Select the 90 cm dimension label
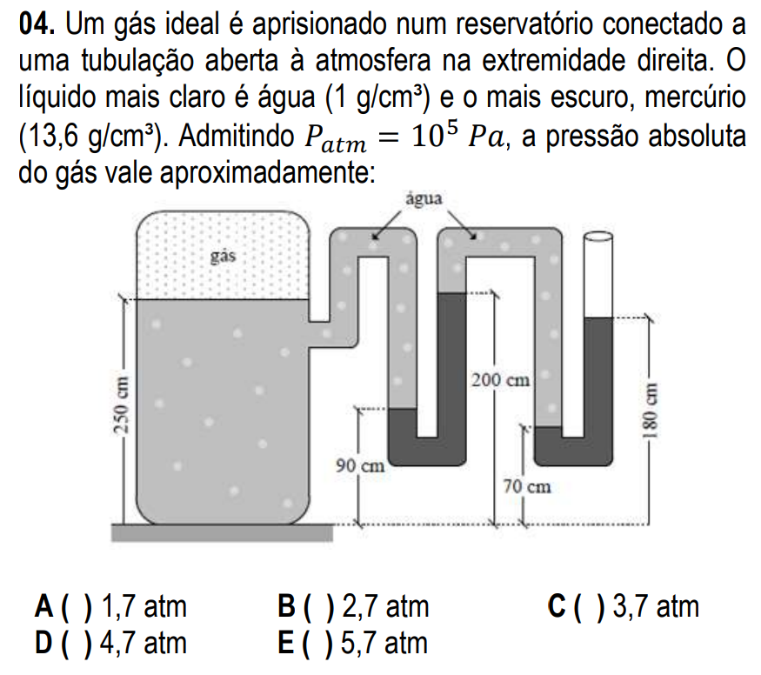(x=360, y=466)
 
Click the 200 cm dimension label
(x=500, y=380)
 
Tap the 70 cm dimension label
(x=526, y=486)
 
